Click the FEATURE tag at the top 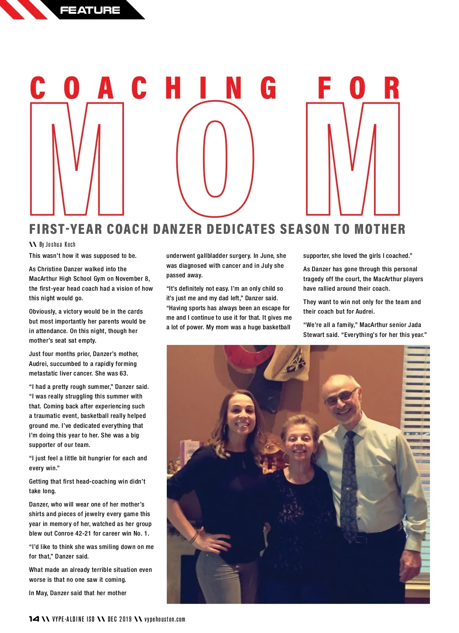click(90, 10)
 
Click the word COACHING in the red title click(153, 88)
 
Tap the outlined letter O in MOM click(215, 159)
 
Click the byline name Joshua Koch click(60, 244)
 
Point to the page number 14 click(34, 619)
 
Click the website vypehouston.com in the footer click(165, 619)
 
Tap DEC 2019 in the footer click(120, 619)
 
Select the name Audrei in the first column click(39, 364)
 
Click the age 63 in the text click(123, 373)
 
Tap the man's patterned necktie click(348, 485)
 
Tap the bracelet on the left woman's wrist click(194, 537)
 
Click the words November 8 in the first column click(132, 278)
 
